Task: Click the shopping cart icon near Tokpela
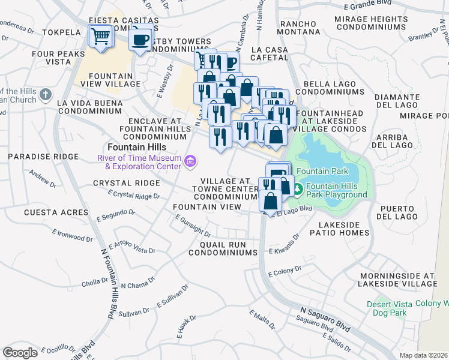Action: coord(100,37)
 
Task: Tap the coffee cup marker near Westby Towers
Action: coord(141,40)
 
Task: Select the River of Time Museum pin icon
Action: coord(191,160)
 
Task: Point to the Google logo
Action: coord(20,352)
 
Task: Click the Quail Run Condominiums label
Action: coord(222,248)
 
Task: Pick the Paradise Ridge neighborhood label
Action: coord(43,157)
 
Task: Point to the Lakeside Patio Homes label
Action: coord(339,228)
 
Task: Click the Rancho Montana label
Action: coord(298,28)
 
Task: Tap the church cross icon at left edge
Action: coord(47,95)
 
